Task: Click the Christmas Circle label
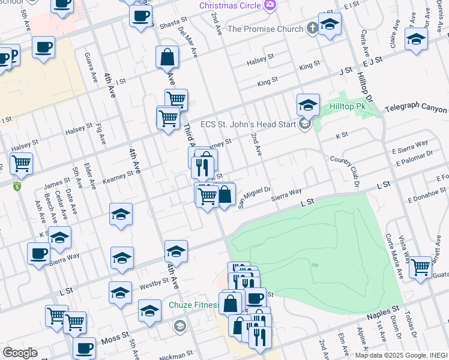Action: (231, 5)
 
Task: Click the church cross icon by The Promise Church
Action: (312, 28)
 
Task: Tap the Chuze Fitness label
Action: (193, 305)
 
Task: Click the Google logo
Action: (20, 353)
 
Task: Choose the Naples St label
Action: (387, 308)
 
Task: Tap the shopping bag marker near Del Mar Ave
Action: (167, 58)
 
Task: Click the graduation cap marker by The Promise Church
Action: (330, 25)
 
